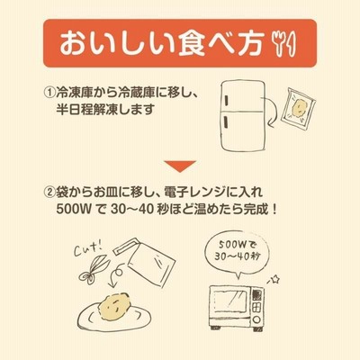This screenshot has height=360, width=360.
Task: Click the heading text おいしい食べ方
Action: (x=162, y=44)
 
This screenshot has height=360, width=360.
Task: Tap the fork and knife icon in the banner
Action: (x=283, y=43)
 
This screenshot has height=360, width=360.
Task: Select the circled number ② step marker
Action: (x=49, y=192)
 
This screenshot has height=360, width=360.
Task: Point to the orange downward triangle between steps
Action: (x=180, y=166)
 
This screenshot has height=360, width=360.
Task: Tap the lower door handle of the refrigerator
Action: (x=225, y=122)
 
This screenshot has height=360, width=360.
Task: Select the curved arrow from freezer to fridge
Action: (x=273, y=112)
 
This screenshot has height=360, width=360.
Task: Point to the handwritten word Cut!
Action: (x=88, y=248)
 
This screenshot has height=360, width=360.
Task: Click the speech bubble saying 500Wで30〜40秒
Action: (x=237, y=252)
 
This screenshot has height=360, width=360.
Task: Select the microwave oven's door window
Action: (x=230, y=301)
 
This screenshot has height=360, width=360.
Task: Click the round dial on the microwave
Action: (x=256, y=318)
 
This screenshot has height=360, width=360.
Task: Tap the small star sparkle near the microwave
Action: (x=274, y=280)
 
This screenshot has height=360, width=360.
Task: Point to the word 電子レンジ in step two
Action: (x=186, y=192)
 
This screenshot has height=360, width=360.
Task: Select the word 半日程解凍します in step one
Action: (x=105, y=109)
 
